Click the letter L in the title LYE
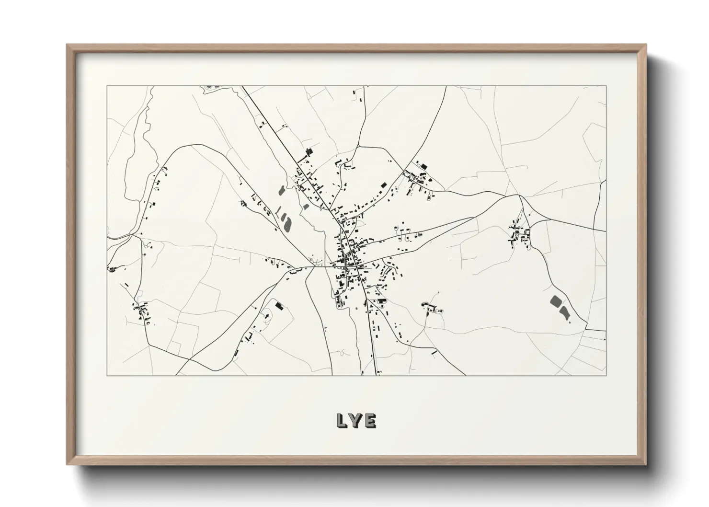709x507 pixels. [342, 420]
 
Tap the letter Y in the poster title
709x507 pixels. [356, 420]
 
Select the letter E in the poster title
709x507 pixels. [370, 420]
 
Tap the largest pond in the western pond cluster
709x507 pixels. [287, 223]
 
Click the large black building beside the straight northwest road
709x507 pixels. [309, 152]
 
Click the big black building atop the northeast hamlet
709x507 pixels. [423, 166]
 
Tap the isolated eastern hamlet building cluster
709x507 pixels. [520, 234]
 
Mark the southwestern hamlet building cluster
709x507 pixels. [142, 312]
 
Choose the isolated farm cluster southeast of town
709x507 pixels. [433, 309]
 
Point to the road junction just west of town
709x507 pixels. [314, 266]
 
